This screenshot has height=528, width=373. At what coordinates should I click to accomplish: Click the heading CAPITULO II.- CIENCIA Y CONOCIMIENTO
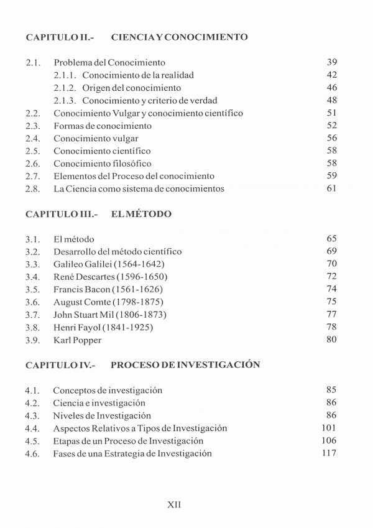click(137, 37)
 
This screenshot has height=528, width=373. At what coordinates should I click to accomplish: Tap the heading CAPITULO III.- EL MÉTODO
click(98, 215)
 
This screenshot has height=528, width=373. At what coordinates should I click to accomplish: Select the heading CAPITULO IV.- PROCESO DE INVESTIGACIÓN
click(142, 365)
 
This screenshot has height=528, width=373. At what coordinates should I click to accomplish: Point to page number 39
click(331, 62)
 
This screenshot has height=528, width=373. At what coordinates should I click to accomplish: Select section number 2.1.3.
click(65, 100)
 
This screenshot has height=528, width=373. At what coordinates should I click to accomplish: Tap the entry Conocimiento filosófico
click(102, 164)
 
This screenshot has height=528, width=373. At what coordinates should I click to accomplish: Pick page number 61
click(331, 188)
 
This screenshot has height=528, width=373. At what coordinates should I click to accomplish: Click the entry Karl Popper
click(77, 340)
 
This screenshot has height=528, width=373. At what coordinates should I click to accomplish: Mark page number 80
click(331, 340)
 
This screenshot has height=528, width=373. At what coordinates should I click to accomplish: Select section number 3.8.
click(33, 327)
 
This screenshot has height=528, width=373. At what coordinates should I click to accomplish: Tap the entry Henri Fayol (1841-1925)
click(103, 327)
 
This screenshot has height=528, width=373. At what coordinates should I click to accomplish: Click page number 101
click(329, 428)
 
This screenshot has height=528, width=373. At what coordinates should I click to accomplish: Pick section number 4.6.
click(33, 453)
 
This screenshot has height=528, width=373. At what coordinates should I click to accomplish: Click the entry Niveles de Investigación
click(102, 415)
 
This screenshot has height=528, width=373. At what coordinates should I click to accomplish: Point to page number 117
click(329, 453)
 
